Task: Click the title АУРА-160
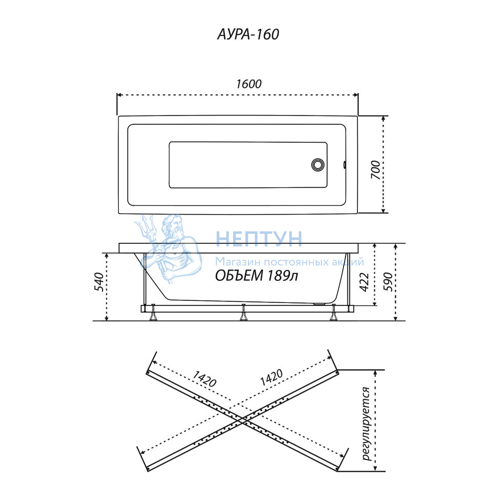click(x=248, y=34)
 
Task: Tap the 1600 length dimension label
click(x=248, y=84)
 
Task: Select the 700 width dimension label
click(x=376, y=170)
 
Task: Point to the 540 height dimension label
click(x=99, y=282)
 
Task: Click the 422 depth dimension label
click(x=364, y=282)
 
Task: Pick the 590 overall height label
click(x=388, y=282)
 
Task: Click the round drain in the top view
click(x=318, y=164)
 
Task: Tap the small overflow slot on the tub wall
click(x=344, y=164)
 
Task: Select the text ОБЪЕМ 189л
click(x=257, y=276)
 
